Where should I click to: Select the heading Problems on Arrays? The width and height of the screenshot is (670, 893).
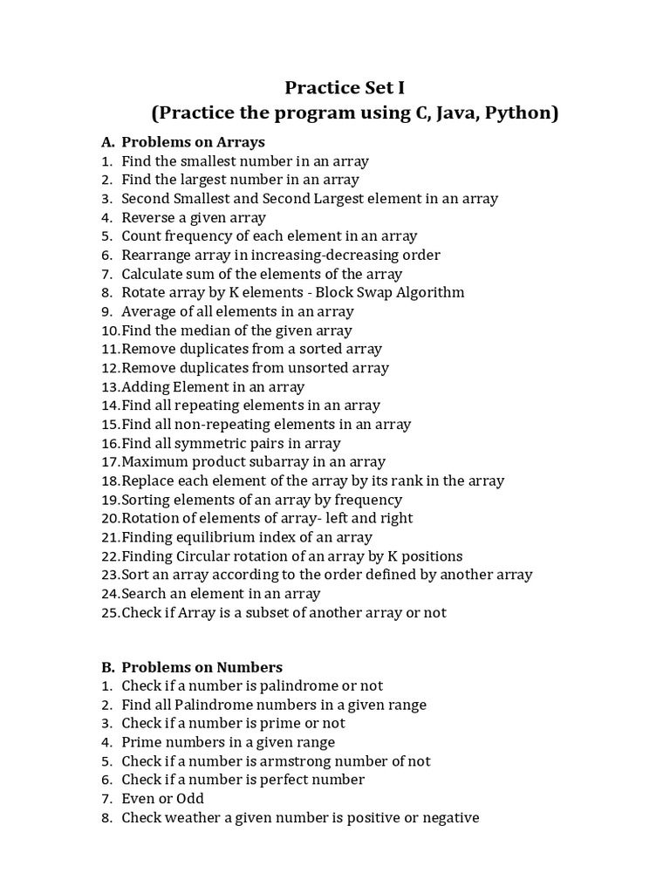pyautogui.click(x=193, y=142)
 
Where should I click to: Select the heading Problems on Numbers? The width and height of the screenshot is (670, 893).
pyautogui.click(x=202, y=667)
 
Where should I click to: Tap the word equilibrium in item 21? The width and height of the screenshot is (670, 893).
pyautogui.click(x=216, y=537)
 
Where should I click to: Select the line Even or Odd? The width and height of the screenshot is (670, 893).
pyautogui.click(x=162, y=799)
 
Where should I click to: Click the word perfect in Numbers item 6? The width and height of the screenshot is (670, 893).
pyautogui.click(x=275, y=780)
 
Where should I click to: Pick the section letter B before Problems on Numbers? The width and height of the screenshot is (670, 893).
pyautogui.click(x=107, y=667)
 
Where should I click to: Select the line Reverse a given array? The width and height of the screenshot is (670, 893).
pyautogui.click(x=194, y=218)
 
